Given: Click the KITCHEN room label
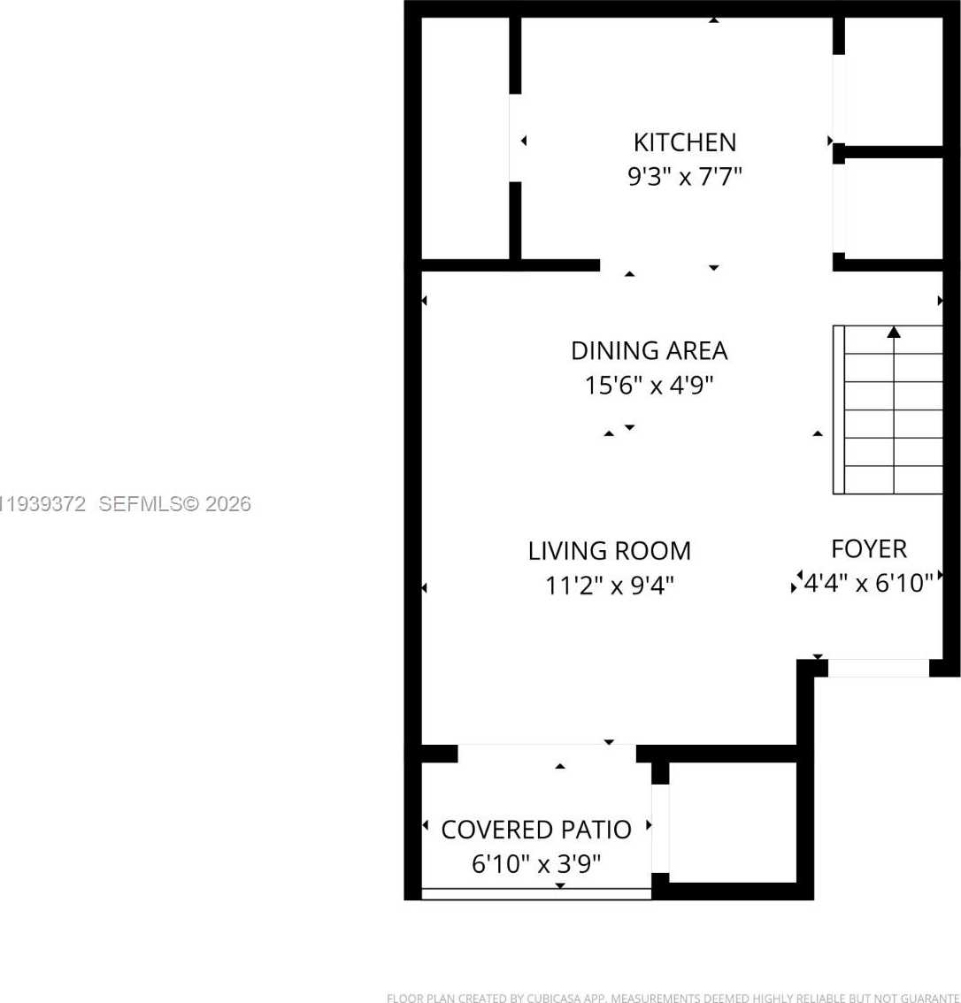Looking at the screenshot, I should (x=684, y=142).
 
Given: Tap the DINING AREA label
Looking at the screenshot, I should (x=649, y=351).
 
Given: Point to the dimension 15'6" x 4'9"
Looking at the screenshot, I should (x=649, y=386).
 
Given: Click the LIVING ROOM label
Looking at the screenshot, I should (x=609, y=551).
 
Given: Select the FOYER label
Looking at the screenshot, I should (x=868, y=549).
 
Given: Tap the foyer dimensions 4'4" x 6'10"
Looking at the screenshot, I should (x=868, y=583).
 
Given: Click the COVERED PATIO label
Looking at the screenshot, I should (x=535, y=830).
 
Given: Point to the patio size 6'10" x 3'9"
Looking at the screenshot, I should (x=535, y=864).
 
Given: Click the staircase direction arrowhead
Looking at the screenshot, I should (x=894, y=333).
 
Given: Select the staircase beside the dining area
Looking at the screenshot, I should (x=888, y=410).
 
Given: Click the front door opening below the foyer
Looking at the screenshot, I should (x=878, y=668).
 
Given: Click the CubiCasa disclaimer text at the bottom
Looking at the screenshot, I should (x=673, y=998).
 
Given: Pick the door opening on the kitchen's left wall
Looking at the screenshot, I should (x=515, y=138).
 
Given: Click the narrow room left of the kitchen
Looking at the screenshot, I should (x=465, y=138).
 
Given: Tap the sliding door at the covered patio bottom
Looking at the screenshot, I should (x=535, y=893).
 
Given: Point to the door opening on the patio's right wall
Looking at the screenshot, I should (x=660, y=828).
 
